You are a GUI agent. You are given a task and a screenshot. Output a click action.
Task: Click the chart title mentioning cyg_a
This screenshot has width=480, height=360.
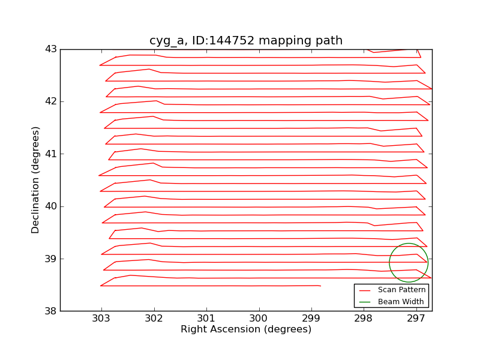click(x=246, y=41)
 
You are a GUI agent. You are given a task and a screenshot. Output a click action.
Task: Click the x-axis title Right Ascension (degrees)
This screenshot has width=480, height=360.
click(x=246, y=329)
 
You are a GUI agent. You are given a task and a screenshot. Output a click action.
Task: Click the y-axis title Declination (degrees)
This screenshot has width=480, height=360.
click(x=36, y=180)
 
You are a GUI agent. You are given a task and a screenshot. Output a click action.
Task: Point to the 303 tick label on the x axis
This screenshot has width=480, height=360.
click(x=101, y=318)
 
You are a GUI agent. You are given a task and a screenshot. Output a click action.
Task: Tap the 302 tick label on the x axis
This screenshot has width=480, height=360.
click(x=154, y=318)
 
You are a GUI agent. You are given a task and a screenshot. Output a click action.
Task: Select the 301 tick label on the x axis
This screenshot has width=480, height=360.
click(x=206, y=318)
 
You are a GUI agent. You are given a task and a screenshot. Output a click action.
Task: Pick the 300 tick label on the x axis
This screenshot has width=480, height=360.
click(x=259, y=318)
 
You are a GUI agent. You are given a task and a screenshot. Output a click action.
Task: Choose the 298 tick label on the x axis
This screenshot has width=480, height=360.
click(x=364, y=318)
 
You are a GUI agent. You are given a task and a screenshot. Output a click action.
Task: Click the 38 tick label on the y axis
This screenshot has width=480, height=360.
click(x=50, y=311)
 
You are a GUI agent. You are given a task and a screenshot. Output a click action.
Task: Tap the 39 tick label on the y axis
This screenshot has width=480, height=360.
click(x=50, y=259)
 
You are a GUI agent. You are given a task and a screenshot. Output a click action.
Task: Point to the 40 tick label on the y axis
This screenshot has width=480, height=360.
click(x=50, y=206)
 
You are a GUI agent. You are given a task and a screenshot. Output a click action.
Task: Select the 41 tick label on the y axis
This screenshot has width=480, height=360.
click(x=50, y=154)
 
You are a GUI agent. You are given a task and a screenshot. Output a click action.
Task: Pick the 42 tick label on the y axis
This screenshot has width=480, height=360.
click(x=50, y=101)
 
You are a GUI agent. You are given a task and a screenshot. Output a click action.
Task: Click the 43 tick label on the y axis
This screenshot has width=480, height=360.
click(x=50, y=49)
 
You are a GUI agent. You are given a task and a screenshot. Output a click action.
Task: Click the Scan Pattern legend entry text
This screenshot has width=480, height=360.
click(x=401, y=290)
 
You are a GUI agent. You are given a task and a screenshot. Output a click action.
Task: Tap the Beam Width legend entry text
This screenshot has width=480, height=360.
click(x=401, y=302)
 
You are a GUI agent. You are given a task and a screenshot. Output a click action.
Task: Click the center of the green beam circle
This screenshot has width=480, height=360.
click(x=409, y=263)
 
